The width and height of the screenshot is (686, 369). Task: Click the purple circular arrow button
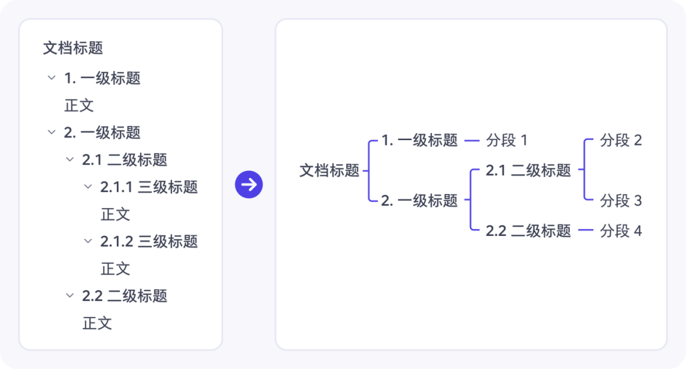tap(249, 184)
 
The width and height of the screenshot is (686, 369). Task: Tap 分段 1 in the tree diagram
tap(507, 140)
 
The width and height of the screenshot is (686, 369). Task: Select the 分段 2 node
tap(621, 140)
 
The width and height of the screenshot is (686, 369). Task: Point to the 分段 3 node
tap(621, 200)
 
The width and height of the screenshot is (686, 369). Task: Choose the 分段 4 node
tap(621, 231)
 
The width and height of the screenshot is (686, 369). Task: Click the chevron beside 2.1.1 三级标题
tap(88, 187)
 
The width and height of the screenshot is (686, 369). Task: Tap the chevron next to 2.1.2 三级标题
tap(88, 241)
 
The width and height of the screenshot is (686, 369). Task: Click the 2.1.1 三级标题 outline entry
tap(149, 187)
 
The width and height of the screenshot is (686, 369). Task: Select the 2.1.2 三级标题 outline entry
tap(149, 241)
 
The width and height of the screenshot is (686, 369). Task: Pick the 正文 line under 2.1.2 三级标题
tap(116, 269)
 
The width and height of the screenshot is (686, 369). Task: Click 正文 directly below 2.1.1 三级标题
tap(116, 214)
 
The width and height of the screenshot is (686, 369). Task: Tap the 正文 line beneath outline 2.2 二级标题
tap(97, 323)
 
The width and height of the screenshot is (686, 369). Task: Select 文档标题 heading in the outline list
tap(73, 48)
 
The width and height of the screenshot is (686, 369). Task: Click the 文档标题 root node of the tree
tap(330, 171)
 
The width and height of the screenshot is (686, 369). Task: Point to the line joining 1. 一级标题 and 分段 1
tap(471, 141)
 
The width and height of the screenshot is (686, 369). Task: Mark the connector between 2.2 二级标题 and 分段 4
tap(586, 230)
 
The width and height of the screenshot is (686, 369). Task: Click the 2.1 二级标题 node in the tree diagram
tap(528, 171)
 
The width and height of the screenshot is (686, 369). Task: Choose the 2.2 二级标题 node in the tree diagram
tap(528, 231)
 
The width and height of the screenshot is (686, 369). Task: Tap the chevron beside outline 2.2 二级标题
tap(70, 295)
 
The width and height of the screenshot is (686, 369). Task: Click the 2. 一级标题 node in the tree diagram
tap(419, 200)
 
